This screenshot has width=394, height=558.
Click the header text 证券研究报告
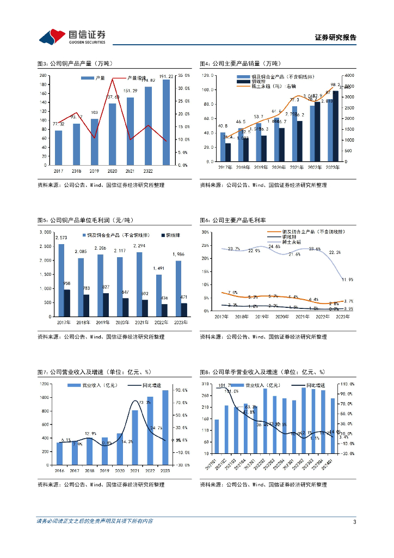pyautogui.click(x=335, y=38)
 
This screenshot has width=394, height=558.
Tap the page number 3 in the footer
pyautogui.click(x=354, y=521)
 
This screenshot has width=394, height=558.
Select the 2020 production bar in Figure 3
pyautogui.click(x=113, y=134)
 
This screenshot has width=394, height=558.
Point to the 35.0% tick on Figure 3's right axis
pyautogui.click(x=183, y=75)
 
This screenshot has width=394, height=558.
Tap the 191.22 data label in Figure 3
pyautogui.click(x=166, y=76)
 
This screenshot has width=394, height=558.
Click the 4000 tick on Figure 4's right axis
pyautogui.click(x=349, y=75)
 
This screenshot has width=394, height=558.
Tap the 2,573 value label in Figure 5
pyautogui.click(x=61, y=238)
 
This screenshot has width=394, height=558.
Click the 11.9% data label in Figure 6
pyautogui.click(x=348, y=280)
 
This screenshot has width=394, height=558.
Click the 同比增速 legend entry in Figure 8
pyautogui.click(x=309, y=385)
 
